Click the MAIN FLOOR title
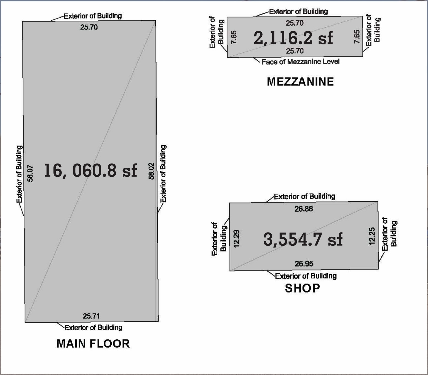point(93,344)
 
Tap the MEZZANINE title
point(300,82)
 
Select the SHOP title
point(302,288)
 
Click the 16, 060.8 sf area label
point(90,170)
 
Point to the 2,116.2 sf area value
point(293,38)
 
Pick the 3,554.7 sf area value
point(303,239)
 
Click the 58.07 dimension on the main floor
point(30,173)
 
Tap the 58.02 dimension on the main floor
point(151,171)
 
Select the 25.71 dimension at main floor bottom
point(91,316)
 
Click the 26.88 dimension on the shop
point(304,209)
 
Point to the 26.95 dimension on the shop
point(304,264)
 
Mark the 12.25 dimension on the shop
point(372,236)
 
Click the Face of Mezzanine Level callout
point(301,62)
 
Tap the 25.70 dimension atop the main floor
point(89,27)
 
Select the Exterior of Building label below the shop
point(306,276)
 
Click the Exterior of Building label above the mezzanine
point(298,12)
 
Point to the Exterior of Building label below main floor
point(93,327)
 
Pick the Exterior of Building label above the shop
point(304,196)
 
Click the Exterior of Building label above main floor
point(93,16)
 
